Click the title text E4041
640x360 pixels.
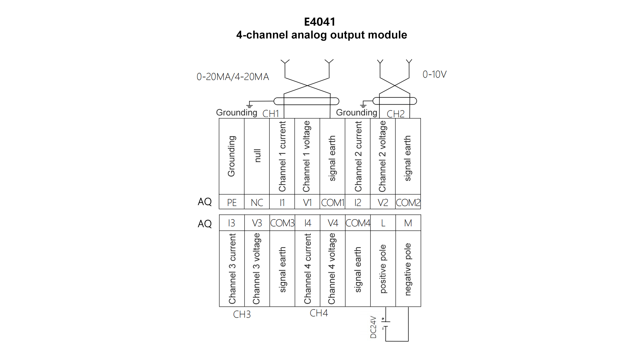point(319,22)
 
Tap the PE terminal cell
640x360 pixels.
point(232,202)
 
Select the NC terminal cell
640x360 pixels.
point(257,202)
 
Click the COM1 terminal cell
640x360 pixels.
point(332,202)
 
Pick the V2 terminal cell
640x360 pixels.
point(383,202)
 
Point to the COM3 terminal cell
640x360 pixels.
point(282,223)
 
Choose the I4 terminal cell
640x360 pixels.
point(307,223)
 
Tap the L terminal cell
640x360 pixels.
point(383,223)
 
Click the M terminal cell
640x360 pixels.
point(408,223)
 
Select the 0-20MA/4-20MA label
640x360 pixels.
point(233,77)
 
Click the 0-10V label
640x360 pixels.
point(434,74)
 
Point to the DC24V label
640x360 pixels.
point(373,327)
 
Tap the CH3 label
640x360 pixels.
point(242,314)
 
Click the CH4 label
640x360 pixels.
point(319,313)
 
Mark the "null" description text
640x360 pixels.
point(257,156)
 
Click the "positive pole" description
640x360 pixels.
point(383,269)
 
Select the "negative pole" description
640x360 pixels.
point(408,269)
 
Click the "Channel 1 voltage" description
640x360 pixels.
point(307,156)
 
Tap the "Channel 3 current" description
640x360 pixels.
point(232,269)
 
